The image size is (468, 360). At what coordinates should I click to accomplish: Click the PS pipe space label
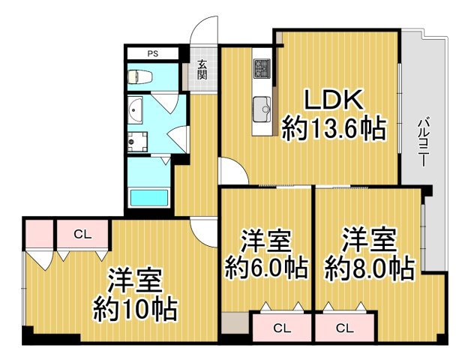click(x=152, y=53)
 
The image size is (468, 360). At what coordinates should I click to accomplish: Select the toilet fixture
click(x=139, y=76)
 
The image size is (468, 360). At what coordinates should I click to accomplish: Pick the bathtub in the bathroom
click(x=150, y=198)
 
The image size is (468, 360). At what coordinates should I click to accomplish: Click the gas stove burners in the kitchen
click(x=262, y=68)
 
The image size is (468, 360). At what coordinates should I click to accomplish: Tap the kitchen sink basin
click(x=262, y=106)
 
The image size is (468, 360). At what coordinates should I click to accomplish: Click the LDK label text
click(x=333, y=100)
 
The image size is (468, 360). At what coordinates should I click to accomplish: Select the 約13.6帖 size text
click(x=333, y=129)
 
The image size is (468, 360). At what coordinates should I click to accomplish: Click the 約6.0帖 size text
click(x=265, y=268)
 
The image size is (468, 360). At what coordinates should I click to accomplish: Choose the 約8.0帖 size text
click(x=369, y=268)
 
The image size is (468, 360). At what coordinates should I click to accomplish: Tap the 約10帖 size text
click(x=135, y=308)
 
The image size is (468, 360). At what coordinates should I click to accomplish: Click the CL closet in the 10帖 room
click(x=82, y=234)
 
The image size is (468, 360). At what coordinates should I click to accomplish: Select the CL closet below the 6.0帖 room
click(x=281, y=328)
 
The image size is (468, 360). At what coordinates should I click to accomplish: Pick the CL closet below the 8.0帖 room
click(x=345, y=328)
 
